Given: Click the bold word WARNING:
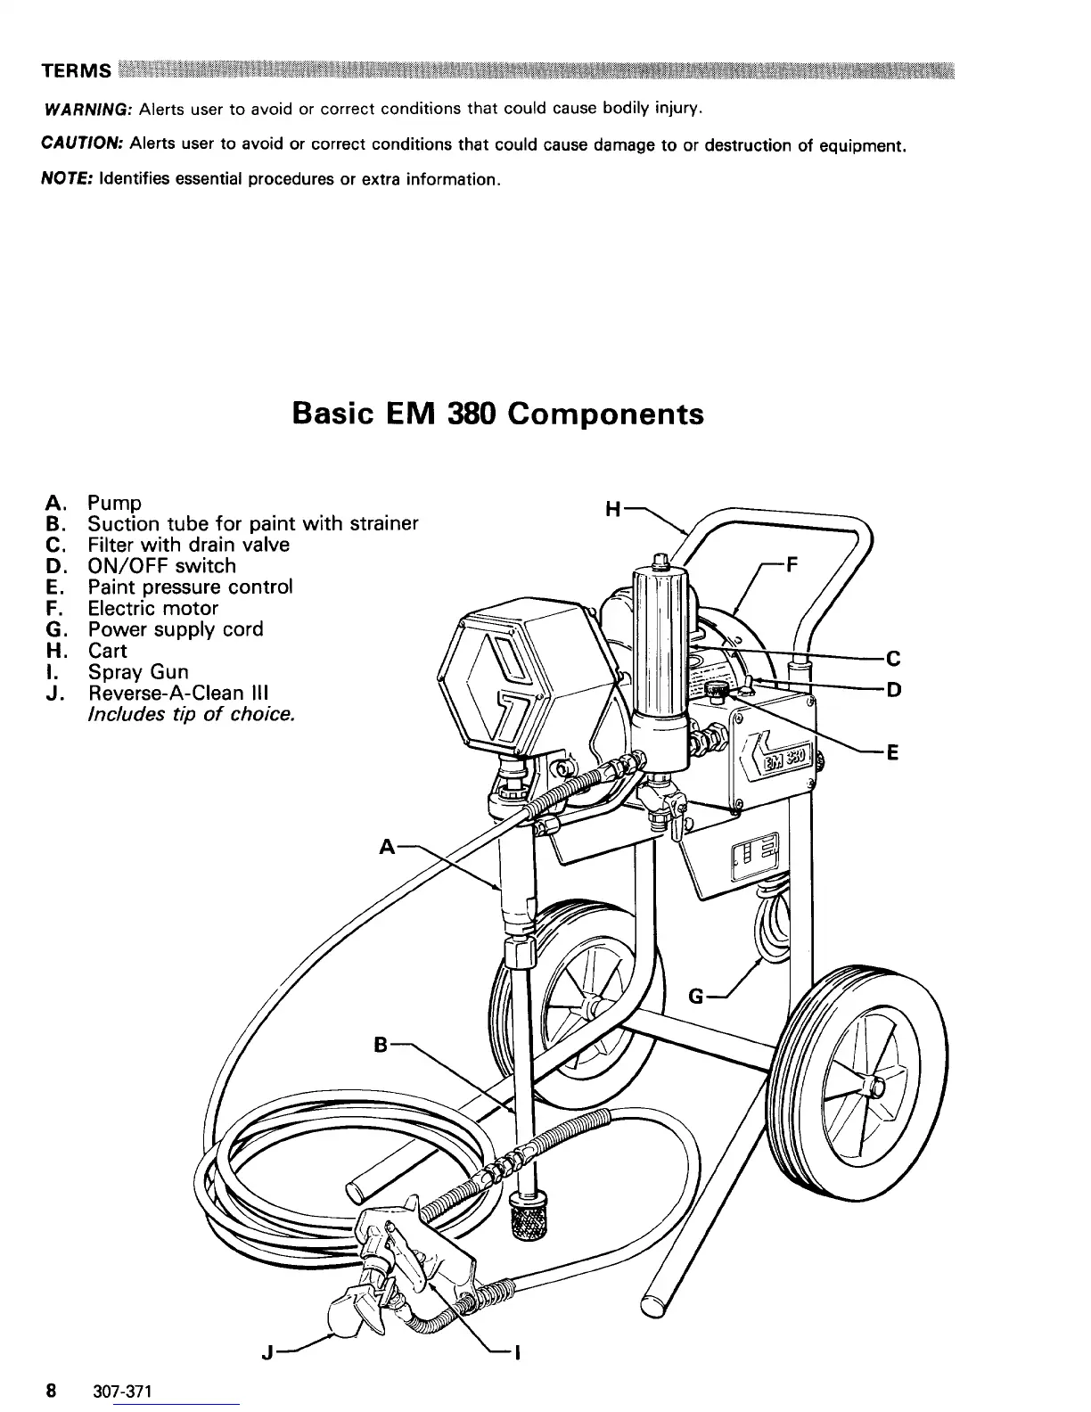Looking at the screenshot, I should [88, 110].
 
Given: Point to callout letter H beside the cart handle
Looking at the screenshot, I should [612, 510].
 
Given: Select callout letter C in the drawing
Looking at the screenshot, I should [893, 660].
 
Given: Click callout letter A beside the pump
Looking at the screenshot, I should [387, 846].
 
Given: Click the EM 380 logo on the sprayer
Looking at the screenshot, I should [783, 760].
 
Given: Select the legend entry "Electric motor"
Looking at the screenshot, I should [152, 608].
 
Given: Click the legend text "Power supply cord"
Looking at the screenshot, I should [176, 629].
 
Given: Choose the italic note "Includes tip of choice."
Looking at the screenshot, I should [192, 714].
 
